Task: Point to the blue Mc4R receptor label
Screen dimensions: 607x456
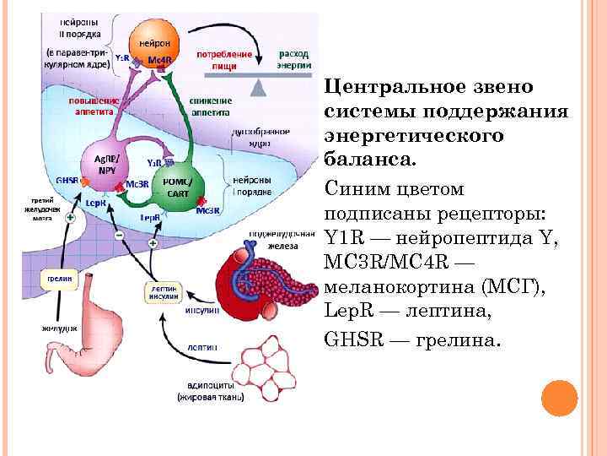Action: [159, 60]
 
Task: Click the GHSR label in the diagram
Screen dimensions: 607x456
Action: [67, 179]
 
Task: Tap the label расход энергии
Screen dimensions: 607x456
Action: [294, 57]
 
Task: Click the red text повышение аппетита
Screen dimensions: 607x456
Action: [94, 104]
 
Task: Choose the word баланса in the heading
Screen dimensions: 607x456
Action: [357, 160]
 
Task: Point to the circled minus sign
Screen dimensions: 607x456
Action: [119, 234]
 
